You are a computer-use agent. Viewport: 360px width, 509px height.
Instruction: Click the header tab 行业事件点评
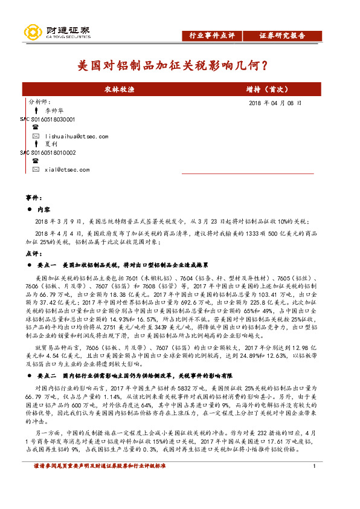pyautogui.click(x=208, y=36)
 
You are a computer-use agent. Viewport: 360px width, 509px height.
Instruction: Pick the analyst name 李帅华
pyautogui.click(x=53, y=111)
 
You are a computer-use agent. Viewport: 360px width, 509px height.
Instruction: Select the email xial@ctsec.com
pyautogui.click(x=67, y=170)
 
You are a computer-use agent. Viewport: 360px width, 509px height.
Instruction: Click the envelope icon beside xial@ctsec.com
pyautogui.click(x=36, y=170)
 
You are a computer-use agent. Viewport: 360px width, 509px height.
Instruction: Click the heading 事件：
pyautogui.click(x=33, y=198)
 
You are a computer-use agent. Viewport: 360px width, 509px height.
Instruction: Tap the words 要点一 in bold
pyautogui.click(x=47, y=265)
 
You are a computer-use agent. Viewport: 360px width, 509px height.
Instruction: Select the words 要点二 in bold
pyautogui.click(x=47, y=375)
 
